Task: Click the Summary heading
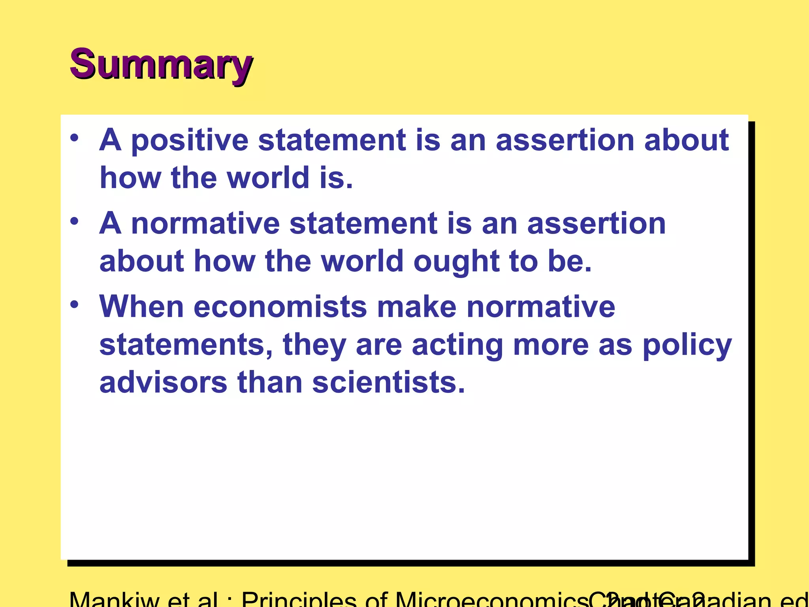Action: (x=161, y=64)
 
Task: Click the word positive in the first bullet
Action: (x=190, y=141)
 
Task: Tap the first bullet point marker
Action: (x=74, y=139)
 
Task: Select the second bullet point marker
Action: (x=74, y=222)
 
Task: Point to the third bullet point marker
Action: (x=74, y=305)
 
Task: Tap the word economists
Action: (x=280, y=307)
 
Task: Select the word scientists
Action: (x=389, y=383)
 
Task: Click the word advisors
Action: (x=163, y=383)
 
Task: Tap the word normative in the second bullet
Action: (x=205, y=224)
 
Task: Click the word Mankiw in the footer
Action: (x=114, y=600)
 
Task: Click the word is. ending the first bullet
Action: (x=336, y=178)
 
